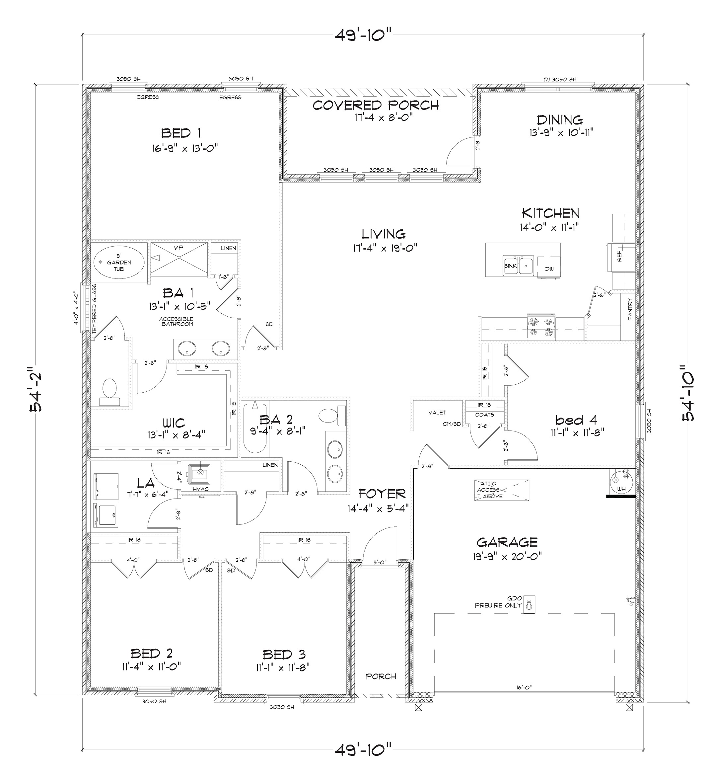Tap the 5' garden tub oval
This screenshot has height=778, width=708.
point(119,262)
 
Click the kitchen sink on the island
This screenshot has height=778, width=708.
point(518,266)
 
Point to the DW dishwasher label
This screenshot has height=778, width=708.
point(549,269)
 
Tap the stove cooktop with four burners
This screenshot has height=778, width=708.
point(541,327)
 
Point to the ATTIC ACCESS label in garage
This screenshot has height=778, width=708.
point(489,490)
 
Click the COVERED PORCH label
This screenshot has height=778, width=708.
point(376,105)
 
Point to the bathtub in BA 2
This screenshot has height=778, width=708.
point(255,428)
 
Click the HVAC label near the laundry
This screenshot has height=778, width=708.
point(201,489)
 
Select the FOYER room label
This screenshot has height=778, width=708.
point(382,494)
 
